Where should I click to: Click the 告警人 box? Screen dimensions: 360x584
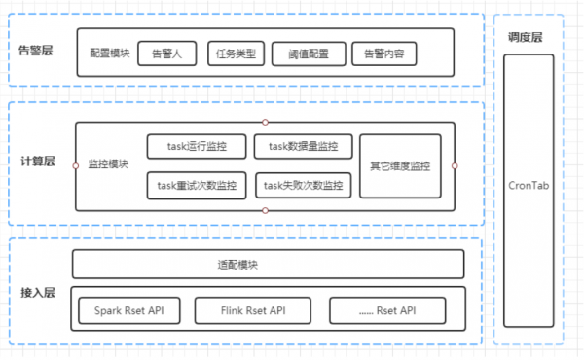tap(168, 54)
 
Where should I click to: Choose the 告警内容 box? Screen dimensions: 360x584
tap(383, 54)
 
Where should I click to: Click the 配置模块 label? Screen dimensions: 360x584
tap(108, 54)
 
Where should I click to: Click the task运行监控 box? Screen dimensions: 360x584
tap(196, 147)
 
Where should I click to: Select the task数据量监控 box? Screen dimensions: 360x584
tap(303, 147)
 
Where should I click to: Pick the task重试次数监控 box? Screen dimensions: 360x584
tap(196, 185)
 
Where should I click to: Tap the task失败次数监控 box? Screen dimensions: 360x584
tap(303, 185)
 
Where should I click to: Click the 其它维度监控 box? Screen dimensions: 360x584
tap(399, 165)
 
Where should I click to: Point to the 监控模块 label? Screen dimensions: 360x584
tap(108, 165)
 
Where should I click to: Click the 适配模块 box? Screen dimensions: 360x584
tap(267, 265)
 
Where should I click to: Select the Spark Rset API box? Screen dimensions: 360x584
tap(129, 311)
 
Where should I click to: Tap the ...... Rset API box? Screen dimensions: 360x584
tap(387, 311)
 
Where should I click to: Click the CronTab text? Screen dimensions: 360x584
tap(529, 185)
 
